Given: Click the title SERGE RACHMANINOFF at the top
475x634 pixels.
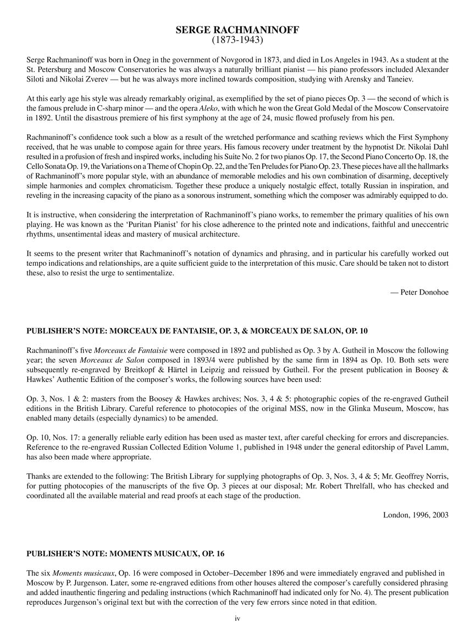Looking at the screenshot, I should pos(237,30).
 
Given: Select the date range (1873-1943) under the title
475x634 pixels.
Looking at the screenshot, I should pos(237,40).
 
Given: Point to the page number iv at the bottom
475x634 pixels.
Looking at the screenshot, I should pos(237,619).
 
